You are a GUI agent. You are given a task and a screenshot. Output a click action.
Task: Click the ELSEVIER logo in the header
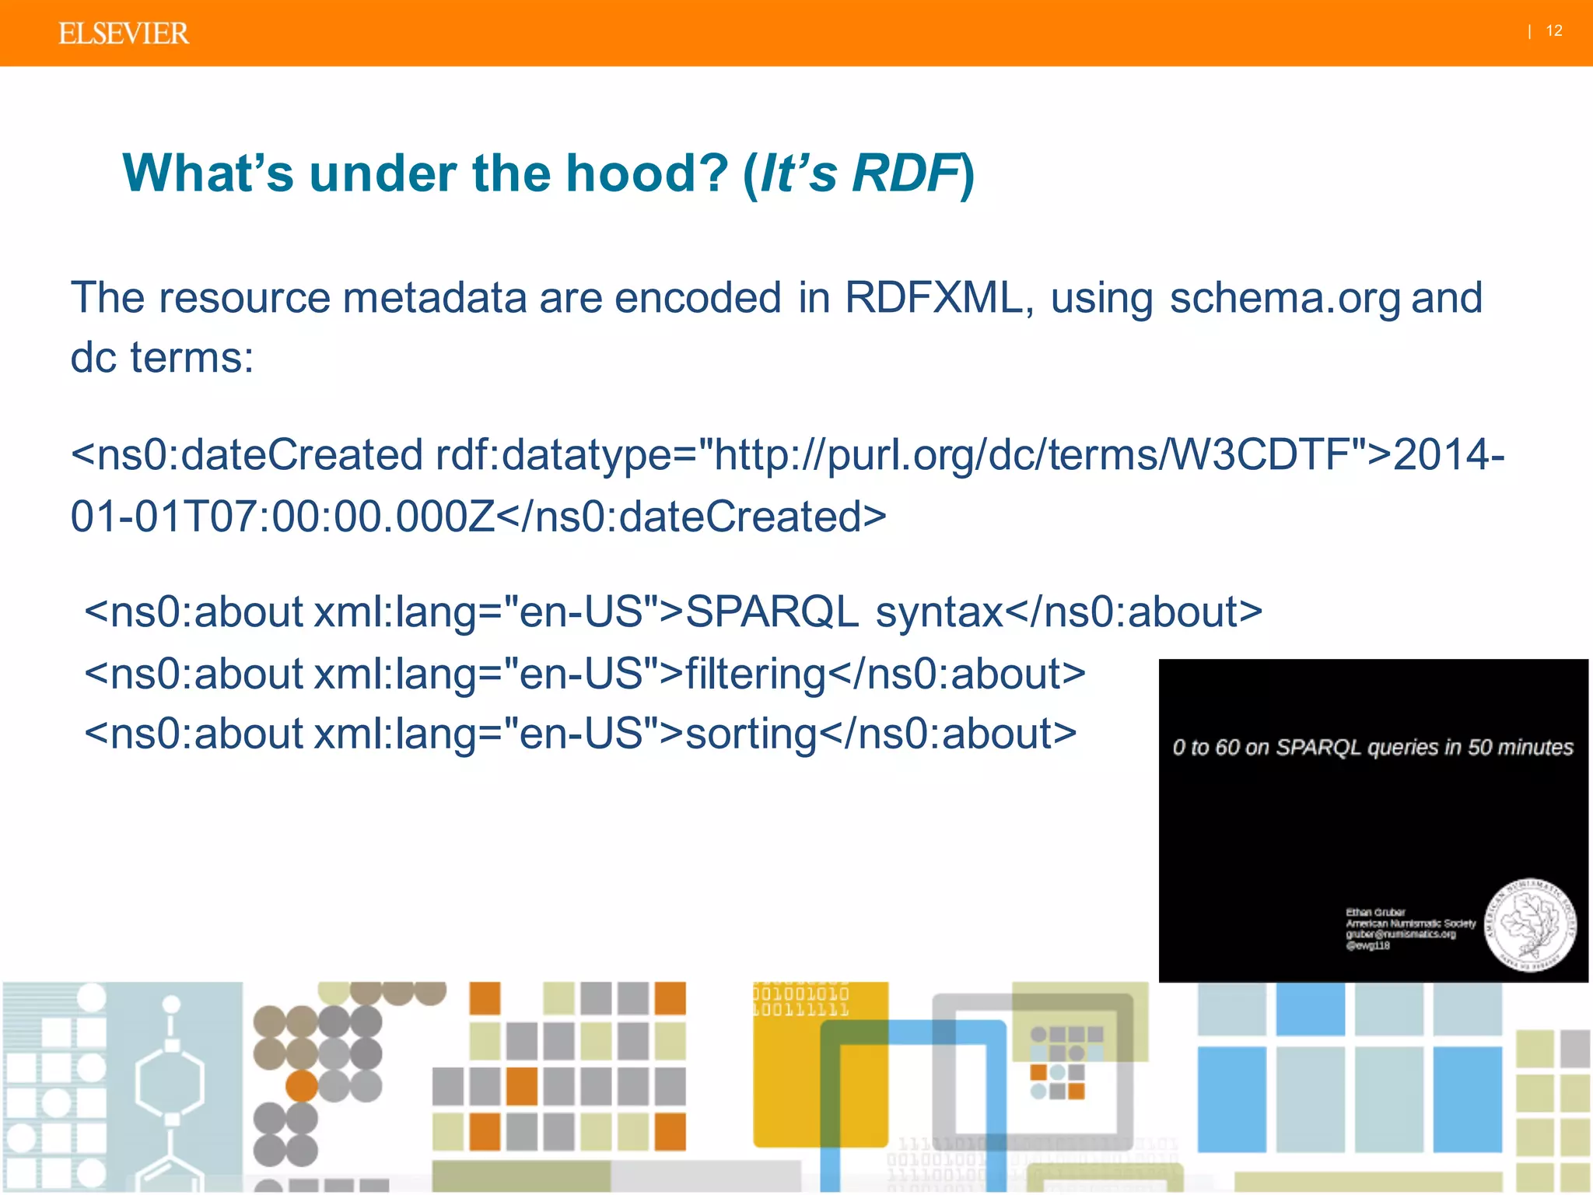click(x=123, y=33)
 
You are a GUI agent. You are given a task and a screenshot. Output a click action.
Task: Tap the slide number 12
click(x=1553, y=31)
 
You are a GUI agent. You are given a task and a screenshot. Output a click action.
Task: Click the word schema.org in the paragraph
click(x=1284, y=298)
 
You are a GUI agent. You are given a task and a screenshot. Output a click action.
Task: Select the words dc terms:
click(x=162, y=358)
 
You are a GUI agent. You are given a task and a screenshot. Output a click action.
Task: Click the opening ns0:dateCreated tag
click(x=247, y=455)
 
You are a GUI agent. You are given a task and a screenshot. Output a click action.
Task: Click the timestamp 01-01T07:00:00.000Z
click(x=282, y=517)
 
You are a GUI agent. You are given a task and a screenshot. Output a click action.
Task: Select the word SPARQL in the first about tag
click(x=772, y=612)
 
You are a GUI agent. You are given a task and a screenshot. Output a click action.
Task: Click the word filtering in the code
click(x=754, y=674)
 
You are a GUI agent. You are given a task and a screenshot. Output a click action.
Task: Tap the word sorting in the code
click(x=751, y=734)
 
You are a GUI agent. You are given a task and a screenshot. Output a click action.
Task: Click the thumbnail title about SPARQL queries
click(x=1372, y=748)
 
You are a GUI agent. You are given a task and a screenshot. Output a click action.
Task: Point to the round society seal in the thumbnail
click(x=1529, y=925)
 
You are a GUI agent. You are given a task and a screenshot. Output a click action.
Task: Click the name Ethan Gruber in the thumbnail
click(x=1375, y=912)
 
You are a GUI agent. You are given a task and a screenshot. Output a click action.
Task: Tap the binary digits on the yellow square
click(x=801, y=1002)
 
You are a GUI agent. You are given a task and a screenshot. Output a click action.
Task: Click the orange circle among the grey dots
click(x=302, y=1086)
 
